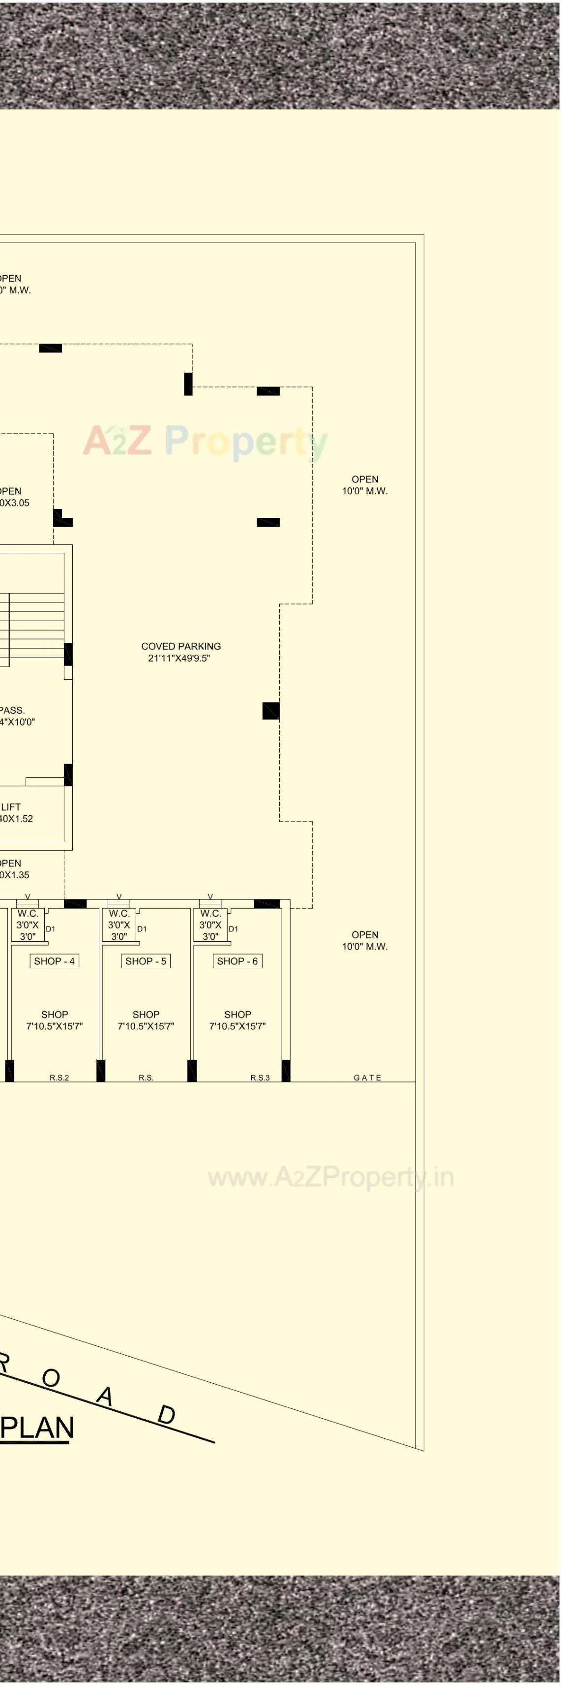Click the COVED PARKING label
pyautogui.click(x=181, y=646)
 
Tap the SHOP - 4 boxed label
pyautogui.click(x=54, y=961)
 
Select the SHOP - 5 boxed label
pyautogui.click(x=146, y=961)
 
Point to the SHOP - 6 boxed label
pyautogui.click(x=237, y=961)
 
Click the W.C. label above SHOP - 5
pyautogui.click(x=119, y=913)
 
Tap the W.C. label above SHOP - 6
pyautogui.click(x=210, y=913)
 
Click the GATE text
pyautogui.click(x=367, y=1078)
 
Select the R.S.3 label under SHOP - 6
pyautogui.click(x=260, y=1078)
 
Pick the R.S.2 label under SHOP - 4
pyautogui.click(x=59, y=1078)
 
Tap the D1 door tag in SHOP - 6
pyautogui.click(x=233, y=929)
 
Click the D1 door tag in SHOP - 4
pyautogui.click(x=50, y=929)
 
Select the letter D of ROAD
pyautogui.click(x=167, y=1415)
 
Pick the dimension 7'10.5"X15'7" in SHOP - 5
pyautogui.click(x=146, y=1026)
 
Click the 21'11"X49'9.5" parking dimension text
pyautogui.click(x=179, y=658)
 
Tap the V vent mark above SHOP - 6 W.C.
pyautogui.click(x=210, y=897)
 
